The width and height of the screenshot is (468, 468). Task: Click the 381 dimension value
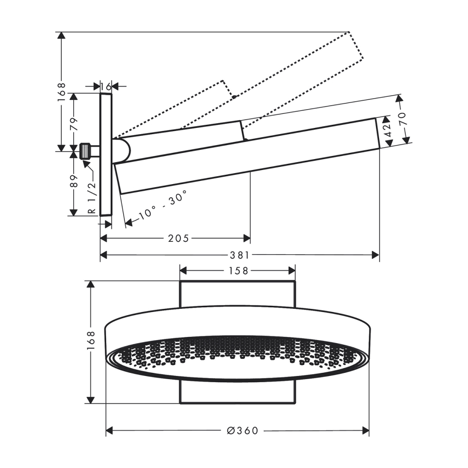(240, 255)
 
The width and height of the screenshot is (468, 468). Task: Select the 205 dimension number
(178, 239)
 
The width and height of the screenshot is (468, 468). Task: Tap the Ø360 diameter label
(242, 431)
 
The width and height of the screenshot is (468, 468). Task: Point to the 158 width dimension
(238, 271)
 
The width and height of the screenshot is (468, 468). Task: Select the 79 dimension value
(74, 124)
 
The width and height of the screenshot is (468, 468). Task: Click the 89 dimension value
(74, 181)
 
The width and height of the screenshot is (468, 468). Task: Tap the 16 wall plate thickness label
(106, 86)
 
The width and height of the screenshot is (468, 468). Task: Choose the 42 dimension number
(388, 130)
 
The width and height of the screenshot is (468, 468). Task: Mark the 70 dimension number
(402, 119)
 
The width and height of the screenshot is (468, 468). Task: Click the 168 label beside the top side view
(61, 93)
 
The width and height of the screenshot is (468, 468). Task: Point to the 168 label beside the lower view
(90, 341)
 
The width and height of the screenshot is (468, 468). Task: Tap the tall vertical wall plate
(106, 154)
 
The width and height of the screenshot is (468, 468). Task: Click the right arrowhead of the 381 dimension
(375, 255)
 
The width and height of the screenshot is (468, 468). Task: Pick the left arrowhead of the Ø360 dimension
(110, 431)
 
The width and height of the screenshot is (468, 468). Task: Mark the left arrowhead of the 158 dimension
(183, 271)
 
